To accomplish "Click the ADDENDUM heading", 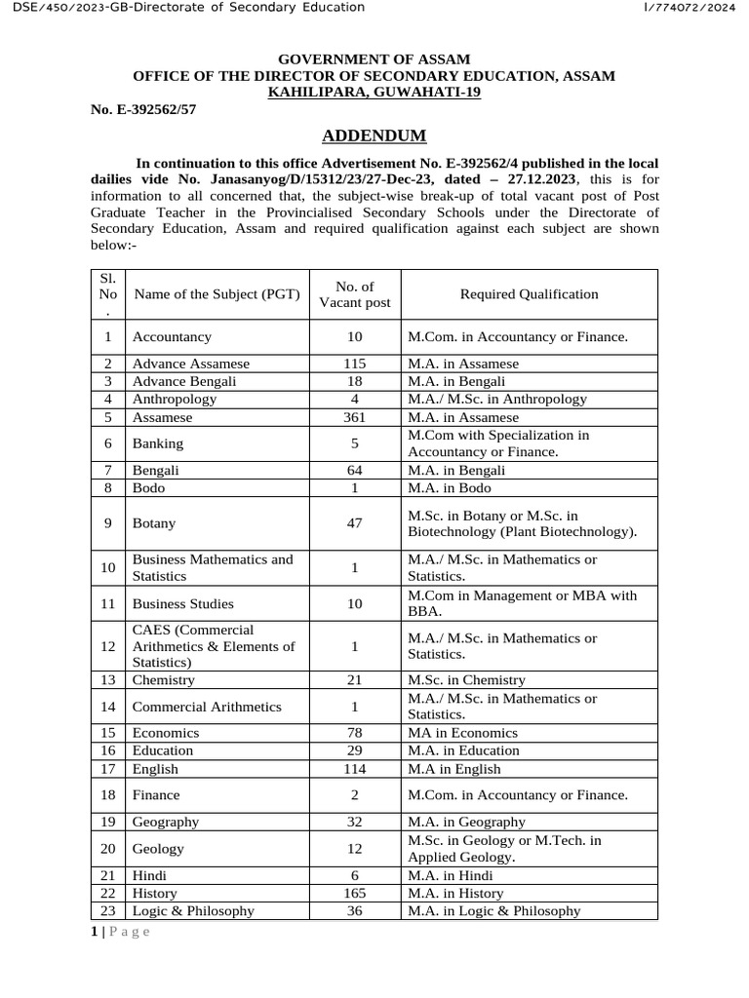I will pyautogui.click(x=374, y=135).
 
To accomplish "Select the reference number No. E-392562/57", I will pyautogui.click(x=143, y=109).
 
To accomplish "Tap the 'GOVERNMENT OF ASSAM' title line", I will pyautogui.click(x=374, y=59).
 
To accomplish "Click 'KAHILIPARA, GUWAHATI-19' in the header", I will pyautogui.click(x=374, y=92).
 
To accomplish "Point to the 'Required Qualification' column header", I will pyautogui.click(x=529, y=293).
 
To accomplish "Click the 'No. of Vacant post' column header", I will pyautogui.click(x=355, y=293).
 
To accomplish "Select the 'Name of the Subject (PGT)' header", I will pyautogui.click(x=217, y=293).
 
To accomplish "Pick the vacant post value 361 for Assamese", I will pyautogui.click(x=355, y=416).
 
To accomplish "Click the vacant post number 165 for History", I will pyautogui.click(x=355, y=893).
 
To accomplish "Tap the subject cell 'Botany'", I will pyautogui.click(x=154, y=523).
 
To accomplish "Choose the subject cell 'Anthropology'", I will pyautogui.click(x=175, y=399).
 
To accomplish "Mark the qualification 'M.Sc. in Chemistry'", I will pyautogui.click(x=466, y=679).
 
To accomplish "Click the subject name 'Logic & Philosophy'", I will pyautogui.click(x=193, y=910).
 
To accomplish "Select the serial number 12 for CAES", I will pyautogui.click(x=107, y=645).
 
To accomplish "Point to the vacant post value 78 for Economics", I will pyautogui.click(x=355, y=732).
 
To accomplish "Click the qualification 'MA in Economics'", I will pyautogui.click(x=462, y=732).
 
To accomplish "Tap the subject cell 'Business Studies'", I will pyautogui.click(x=182, y=603).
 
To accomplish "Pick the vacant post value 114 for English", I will pyautogui.click(x=355, y=768).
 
